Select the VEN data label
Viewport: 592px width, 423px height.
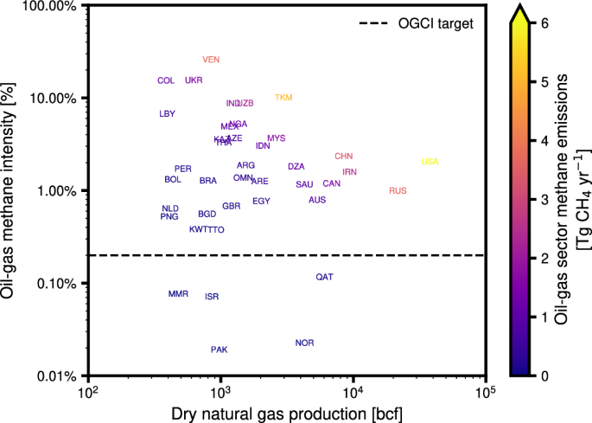click(x=212, y=60)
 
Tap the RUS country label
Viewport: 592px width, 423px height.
click(x=398, y=190)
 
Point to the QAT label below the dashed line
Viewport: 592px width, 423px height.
click(x=324, y=277)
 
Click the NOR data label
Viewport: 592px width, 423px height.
click(x=304, y=343)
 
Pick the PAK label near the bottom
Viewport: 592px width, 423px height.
click(x=220, y=349)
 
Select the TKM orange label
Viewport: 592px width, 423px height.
click(x=284, y=98)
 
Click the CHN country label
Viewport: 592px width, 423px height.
click(x=344, y=157)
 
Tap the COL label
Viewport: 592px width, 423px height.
click(x=166, y=80)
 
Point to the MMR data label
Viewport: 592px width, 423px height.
click(x=178, y=294)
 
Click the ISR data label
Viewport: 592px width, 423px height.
click(x=212, y=297)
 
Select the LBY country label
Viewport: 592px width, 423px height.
click(x=167, y=114)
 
